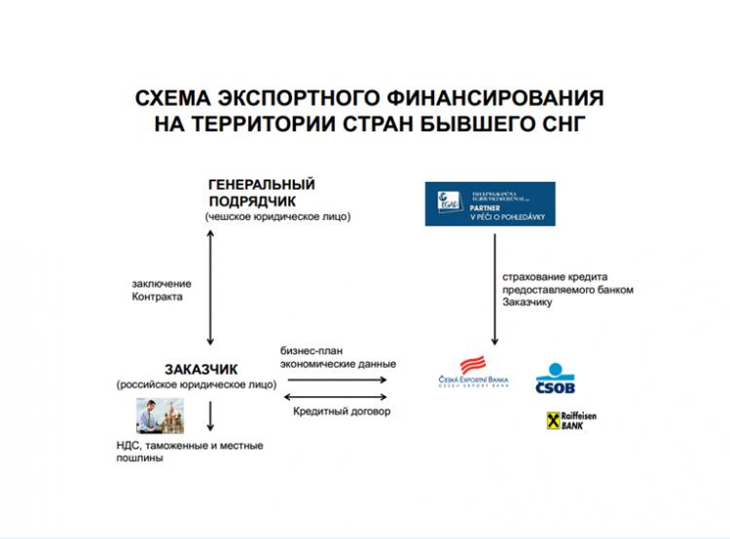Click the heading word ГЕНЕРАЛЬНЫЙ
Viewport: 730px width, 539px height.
pyautogui.click(x=262, y=184)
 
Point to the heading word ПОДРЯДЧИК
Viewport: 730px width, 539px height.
pyautogui.click(x=249, y=200)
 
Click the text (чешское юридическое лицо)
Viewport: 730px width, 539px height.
pyautogui.click(x=278, y=216)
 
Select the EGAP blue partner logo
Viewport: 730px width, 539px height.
pyautogui.click(x=490, y=203)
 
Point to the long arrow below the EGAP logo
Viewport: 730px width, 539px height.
pyautogui.click(x=494, y=293)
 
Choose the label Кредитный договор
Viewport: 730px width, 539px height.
pyautogui.click(x=341, y=412)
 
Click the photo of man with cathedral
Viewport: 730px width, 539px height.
pyautogui.click(x=159, y=415)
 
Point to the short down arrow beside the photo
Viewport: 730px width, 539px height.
pyautogui.click(x=210, y=415)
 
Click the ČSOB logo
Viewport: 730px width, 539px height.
pyautogui.click(x=556, y=380)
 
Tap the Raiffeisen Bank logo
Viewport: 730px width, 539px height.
pyautogui.click(x=571, y=421)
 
